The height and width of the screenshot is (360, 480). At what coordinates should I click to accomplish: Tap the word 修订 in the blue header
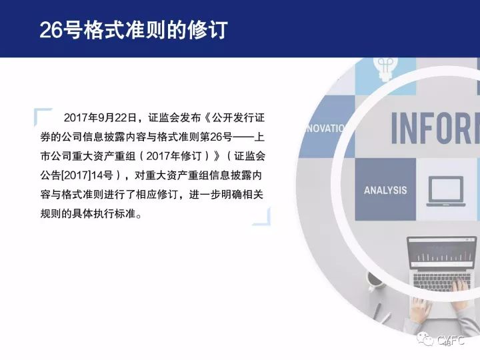[207, 30]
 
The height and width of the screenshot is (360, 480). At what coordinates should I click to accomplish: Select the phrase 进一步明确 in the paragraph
[215, 195]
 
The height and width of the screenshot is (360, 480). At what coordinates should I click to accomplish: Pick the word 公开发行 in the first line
[233, 117]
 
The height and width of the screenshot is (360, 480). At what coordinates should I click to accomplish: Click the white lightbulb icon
[385, 68]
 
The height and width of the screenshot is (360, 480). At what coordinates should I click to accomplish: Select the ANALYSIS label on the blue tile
[385, 191]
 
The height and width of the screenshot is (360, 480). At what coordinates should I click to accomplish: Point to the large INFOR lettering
[435, 128]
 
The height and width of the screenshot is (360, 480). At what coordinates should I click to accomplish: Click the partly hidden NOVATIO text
[325, 128]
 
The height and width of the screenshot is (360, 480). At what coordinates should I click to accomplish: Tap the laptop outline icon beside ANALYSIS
[446, 191]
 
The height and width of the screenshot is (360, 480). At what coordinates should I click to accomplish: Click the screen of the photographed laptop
[441, 253]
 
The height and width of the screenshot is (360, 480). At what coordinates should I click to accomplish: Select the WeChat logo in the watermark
[425, 339]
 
